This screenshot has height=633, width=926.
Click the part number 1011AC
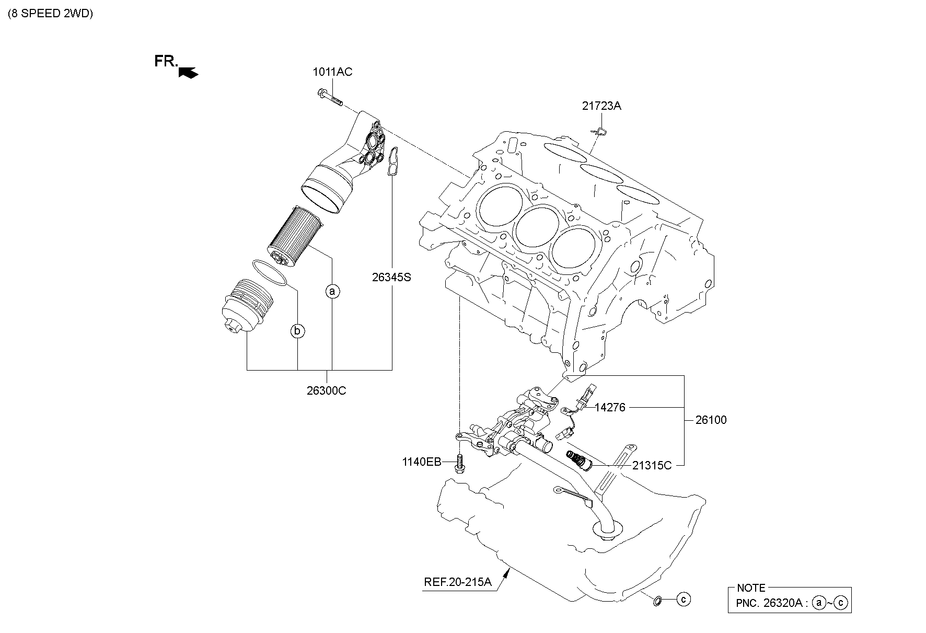pos(332,72)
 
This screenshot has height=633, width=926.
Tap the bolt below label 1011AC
pos(329,98)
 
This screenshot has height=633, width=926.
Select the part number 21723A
pos(601,106)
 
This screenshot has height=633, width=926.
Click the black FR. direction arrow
pos(188,72)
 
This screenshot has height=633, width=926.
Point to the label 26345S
pos(391,277)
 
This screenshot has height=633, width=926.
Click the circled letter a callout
pos(332,291)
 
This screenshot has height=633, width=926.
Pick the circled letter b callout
pos(297,330)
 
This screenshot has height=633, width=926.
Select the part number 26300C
pos(327,390)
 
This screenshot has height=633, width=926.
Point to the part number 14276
pos(610,407)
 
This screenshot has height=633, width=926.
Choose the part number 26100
pos(711,420)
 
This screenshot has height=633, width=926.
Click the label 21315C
pos(652,465)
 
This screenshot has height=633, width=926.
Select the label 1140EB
pos(421,462)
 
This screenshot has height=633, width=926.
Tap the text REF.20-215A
pos(458,582)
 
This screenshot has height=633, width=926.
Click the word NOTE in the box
pos(751,588)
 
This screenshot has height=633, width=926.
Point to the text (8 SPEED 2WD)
pos(51,14)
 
